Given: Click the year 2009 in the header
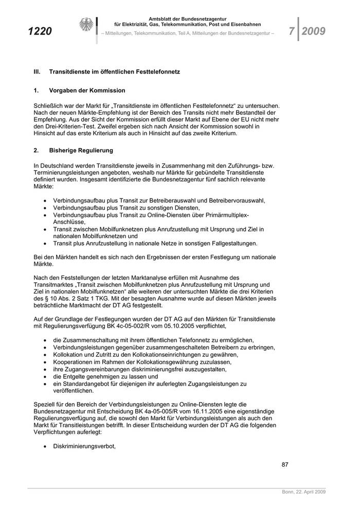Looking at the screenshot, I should [x=313, y=32].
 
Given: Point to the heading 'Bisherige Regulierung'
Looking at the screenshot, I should [x=81, y=151].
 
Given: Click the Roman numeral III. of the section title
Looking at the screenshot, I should [x=37, y=72].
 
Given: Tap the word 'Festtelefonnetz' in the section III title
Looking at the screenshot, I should [x=157, y=72].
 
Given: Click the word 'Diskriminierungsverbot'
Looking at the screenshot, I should [x=84, y=446].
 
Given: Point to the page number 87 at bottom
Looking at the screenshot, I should [x=285, y=465].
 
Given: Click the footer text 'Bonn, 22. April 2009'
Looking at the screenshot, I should [x=303, y=492].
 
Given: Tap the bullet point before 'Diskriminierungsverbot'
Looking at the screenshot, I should [x=46, y=447].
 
